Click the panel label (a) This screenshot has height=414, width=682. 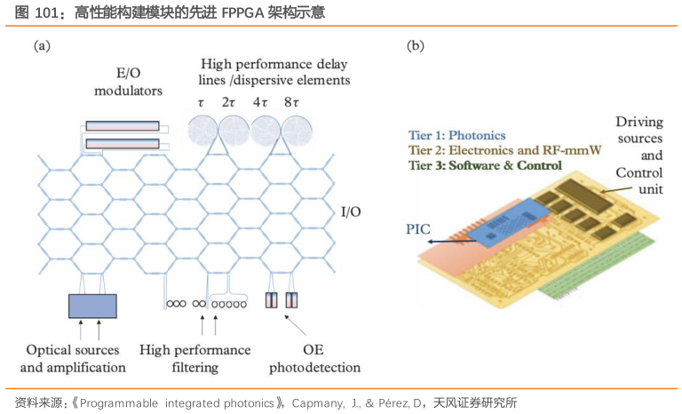pos(41,45)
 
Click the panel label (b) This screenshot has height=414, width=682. pos(415,45)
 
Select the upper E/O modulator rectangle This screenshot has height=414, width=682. pos(123,126)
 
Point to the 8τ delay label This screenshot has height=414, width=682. pos(290,102)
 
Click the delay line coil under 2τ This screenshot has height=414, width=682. pos(235,132)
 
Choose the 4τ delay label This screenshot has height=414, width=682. pos(261,102)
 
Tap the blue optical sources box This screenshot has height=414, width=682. pos(92,306)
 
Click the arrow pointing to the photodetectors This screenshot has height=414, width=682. pos(290,321)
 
